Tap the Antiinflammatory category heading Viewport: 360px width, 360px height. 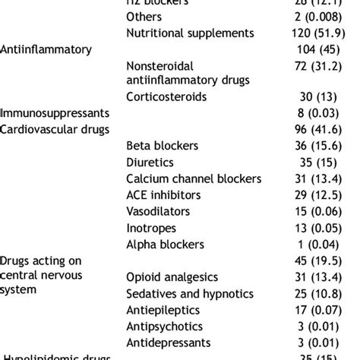point(46,49)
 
